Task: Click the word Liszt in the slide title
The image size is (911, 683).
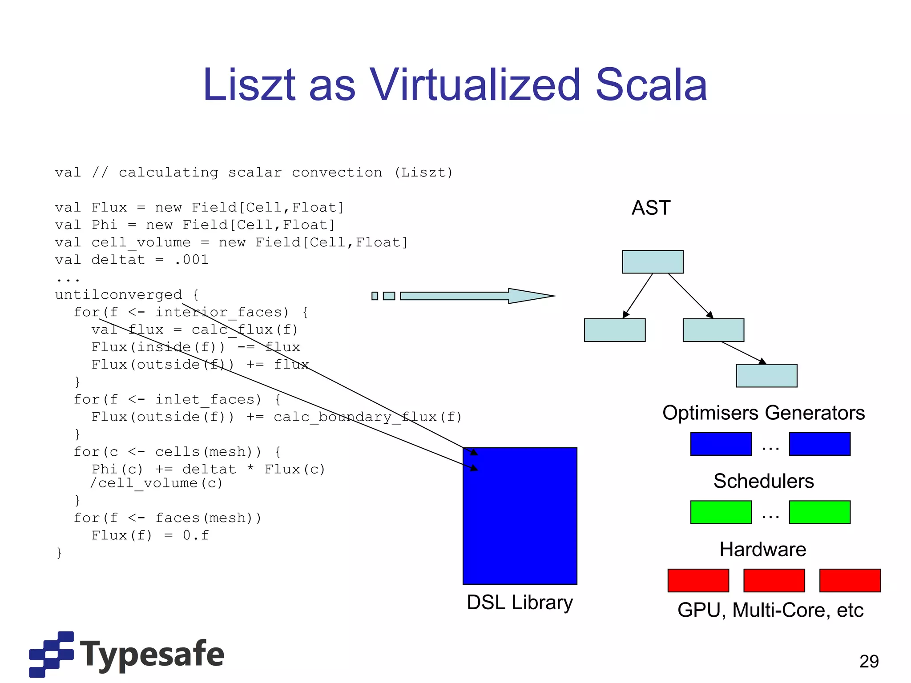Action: [249, 85]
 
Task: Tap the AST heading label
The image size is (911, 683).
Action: [651, 208]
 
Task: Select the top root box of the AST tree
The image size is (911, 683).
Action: [653, 262]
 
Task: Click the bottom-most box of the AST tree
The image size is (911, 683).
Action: [766, 376]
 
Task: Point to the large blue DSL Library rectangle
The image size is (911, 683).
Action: [520, 516]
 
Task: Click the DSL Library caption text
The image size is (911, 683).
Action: [520, 603]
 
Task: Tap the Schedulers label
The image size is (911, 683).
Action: [763, 481]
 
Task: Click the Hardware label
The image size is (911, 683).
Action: [763, 550]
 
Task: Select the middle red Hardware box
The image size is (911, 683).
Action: [774, 580]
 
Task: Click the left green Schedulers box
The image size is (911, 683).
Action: [721, 512]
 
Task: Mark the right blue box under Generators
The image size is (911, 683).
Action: [819, 444]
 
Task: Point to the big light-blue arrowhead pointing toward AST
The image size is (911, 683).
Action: [529, 296]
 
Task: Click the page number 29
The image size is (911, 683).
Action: [869, 662]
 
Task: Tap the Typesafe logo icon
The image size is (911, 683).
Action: [51, 654]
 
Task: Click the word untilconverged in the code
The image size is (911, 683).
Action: [118, 295]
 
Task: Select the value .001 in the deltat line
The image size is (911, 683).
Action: [192, 260]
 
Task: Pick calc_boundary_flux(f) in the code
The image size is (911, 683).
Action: [367, 417]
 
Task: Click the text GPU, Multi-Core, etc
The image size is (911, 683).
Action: [770, 611]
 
